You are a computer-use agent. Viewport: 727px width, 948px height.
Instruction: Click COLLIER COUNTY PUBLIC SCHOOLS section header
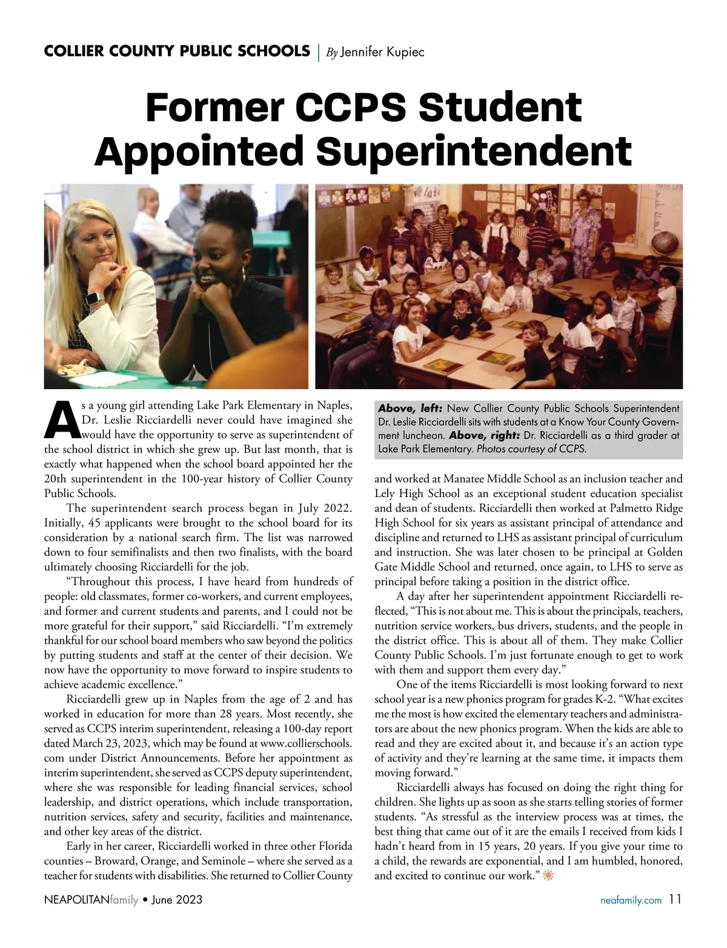click(x=176, y=51)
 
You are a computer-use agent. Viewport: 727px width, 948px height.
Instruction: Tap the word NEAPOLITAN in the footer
click(x=76, y=900)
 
